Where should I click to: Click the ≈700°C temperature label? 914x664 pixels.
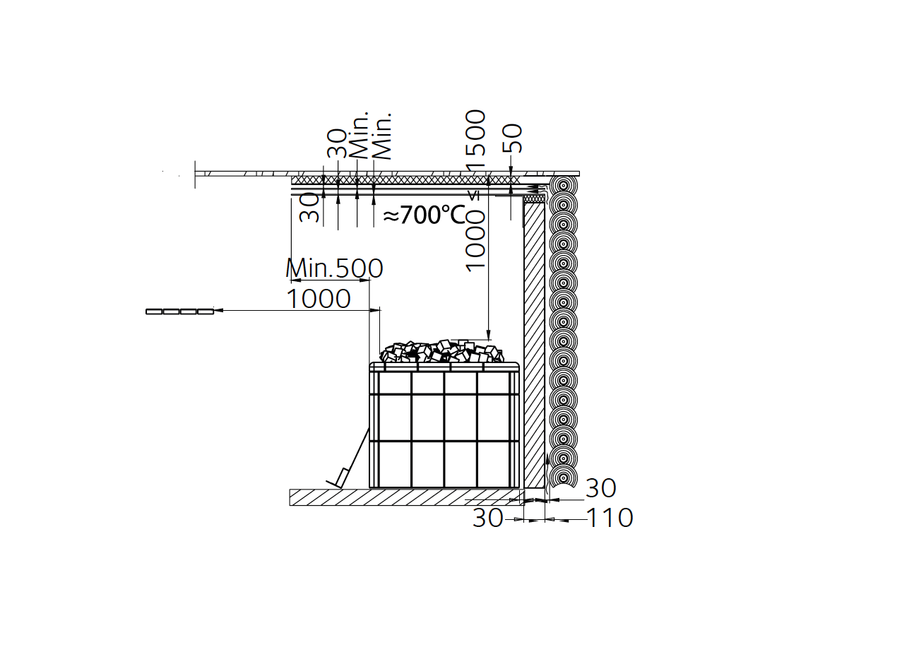[425, 215]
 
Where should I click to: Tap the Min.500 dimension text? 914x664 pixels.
[335, 268]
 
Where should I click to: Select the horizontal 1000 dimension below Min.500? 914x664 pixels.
[319, 299]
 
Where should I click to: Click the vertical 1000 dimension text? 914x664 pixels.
[476, 240]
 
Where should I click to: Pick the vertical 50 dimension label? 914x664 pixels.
[513, 138]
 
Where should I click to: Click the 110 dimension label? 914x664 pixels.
[610, 518]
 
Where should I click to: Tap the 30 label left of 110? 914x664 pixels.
[487, 518]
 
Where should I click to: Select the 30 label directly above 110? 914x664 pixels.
[600, 487]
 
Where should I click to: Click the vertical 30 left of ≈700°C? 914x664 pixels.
[309, 207]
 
